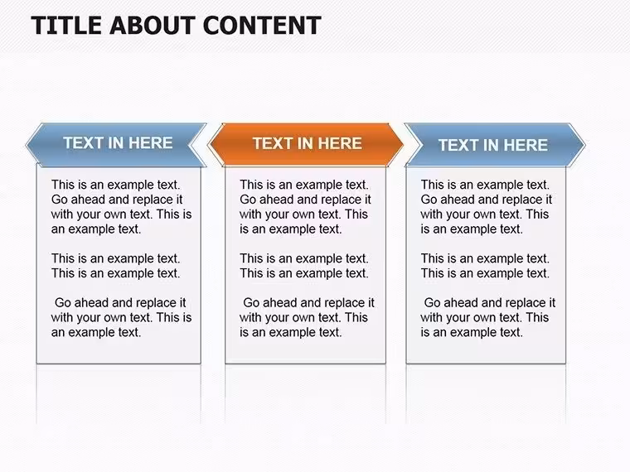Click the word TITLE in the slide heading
coord(66,26)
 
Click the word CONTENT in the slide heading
coord(262,26)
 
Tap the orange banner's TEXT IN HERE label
coord(307,143)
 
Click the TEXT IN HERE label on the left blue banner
coord(118,143)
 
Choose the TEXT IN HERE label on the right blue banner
coord(492,145)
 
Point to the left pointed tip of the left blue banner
coord(27,145)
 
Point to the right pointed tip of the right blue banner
coord(584,145)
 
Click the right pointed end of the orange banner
coord(403,144)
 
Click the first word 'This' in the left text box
coord(63,185)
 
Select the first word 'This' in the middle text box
coord(252,185)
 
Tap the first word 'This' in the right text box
coord(433,185)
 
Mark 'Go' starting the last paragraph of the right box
coord(431,302)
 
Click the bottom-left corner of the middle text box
coord(225,364)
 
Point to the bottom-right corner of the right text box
coord(565,364)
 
